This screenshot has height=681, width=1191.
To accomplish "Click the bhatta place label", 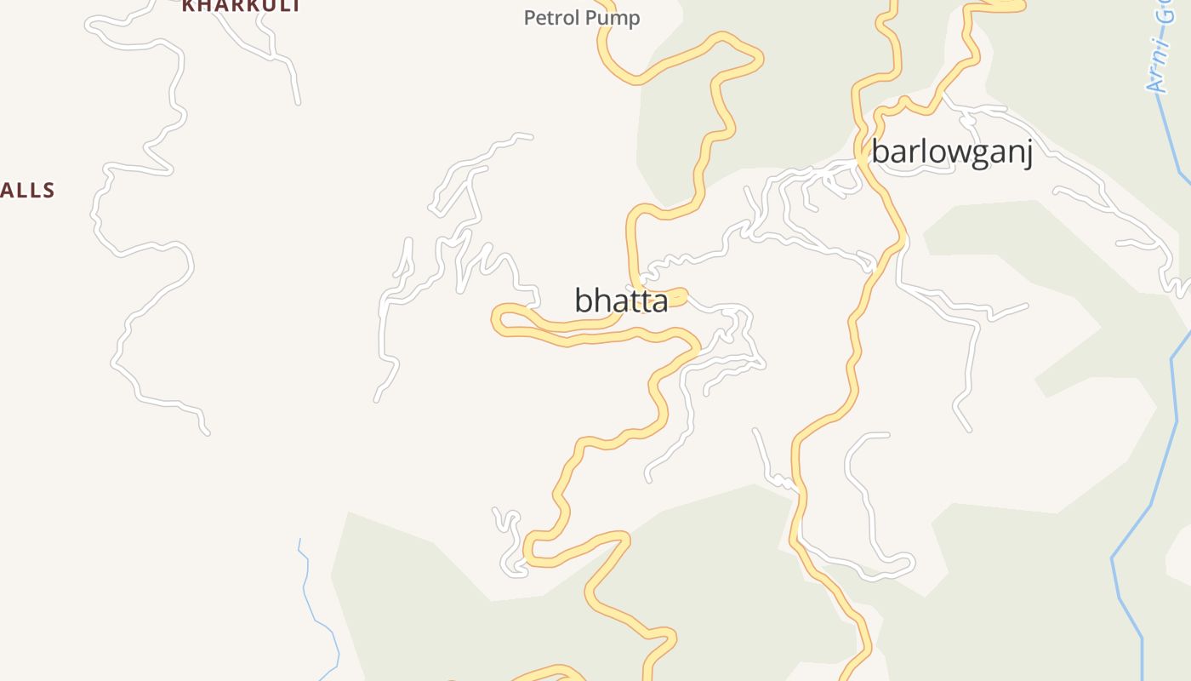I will tap(621, 300).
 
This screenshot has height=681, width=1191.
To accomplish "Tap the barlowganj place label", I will tap(952, 153).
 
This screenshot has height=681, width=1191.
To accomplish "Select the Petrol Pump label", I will tap(582, 18).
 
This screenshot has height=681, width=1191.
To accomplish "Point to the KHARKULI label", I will tap(241, 6).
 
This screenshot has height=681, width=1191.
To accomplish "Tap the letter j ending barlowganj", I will tap(1028, 155).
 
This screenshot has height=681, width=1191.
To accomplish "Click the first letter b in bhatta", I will tap(584, 300).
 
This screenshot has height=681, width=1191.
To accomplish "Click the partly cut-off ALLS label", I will tap(27, 191).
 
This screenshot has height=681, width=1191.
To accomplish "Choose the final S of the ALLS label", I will tap(48, 191).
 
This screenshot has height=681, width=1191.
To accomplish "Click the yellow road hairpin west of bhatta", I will tap(499, 319).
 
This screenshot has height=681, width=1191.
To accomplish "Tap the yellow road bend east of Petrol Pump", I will tap(757, 58).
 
